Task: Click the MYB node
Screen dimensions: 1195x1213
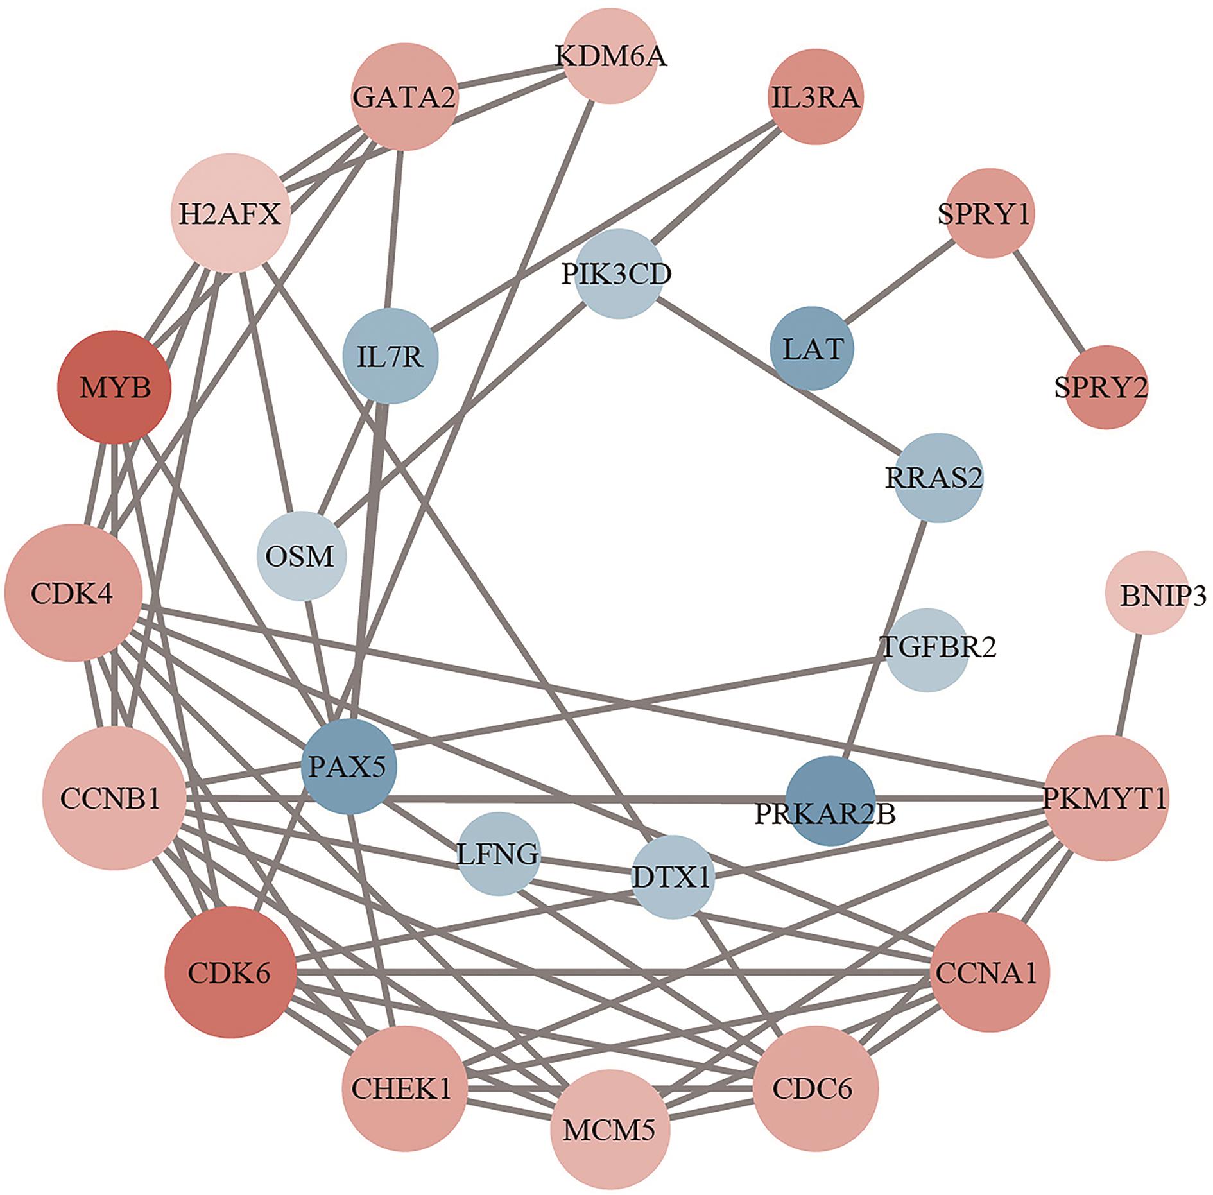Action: [x=116, y=388]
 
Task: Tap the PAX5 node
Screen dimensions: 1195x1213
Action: [x=349, y=767]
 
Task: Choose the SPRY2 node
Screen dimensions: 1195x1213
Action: [x=1100, y=387]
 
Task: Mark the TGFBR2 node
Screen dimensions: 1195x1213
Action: [x=927, y=649]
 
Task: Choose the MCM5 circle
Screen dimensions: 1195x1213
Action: [x=608, y=1128]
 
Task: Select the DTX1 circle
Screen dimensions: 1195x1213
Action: [x=672, y=877]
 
